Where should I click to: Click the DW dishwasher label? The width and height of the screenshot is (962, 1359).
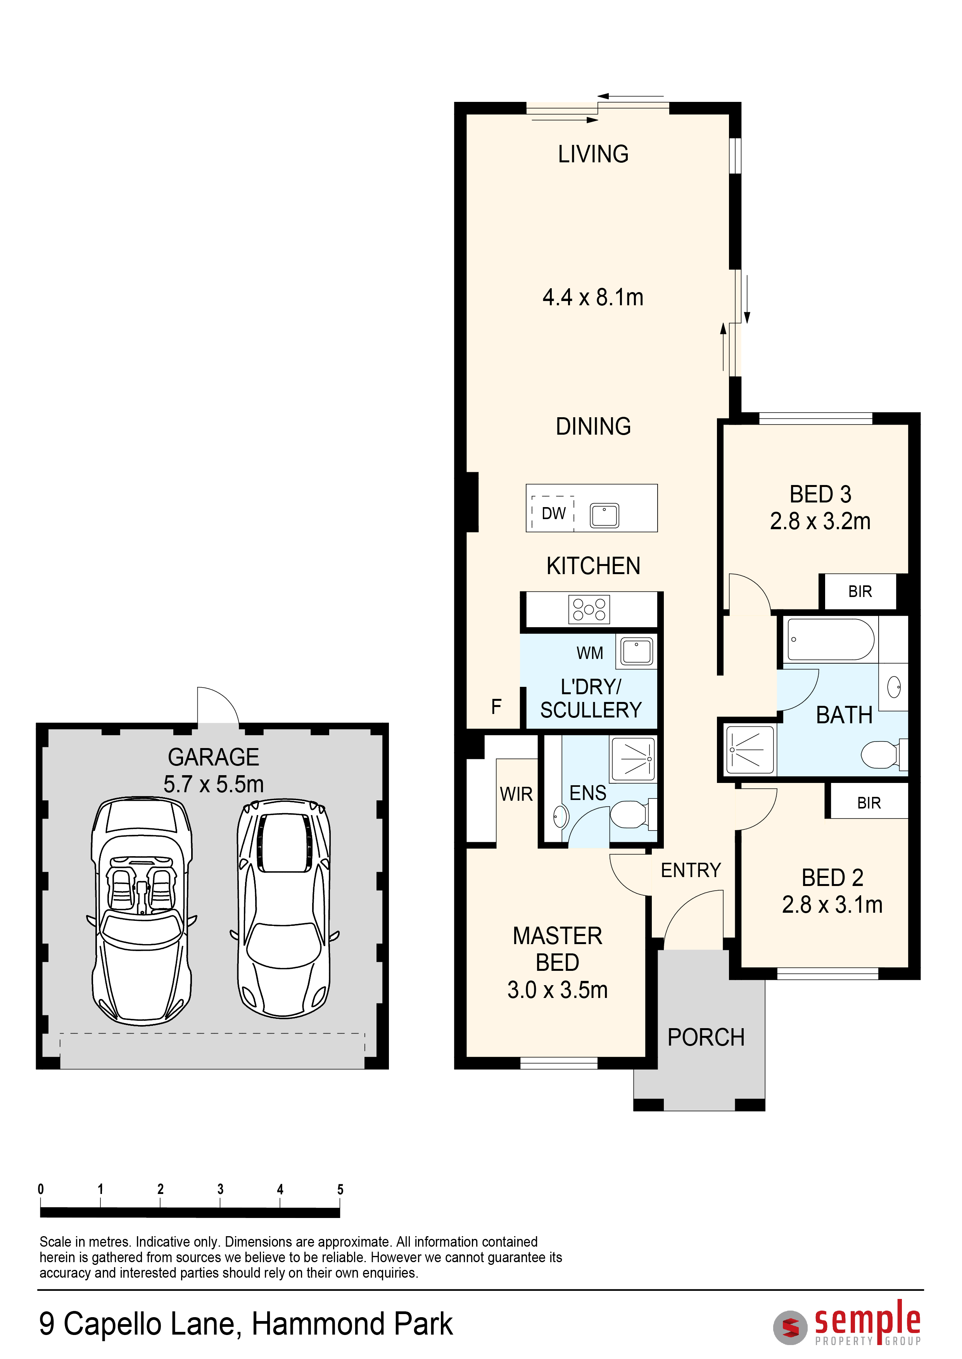[x=553, y=513]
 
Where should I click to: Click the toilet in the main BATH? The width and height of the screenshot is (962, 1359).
[x=884, y=755]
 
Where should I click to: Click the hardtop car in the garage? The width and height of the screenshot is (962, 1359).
[x=284, y=908]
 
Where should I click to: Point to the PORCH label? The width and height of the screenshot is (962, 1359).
[x=706, y=1037]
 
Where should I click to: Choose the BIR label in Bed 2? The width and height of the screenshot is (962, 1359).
[x=869, y=803]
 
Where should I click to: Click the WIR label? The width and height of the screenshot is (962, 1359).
[x=516, y=794]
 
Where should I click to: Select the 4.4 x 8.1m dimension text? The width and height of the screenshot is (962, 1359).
[x=593, y=297]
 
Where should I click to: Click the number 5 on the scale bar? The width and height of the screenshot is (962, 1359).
[x=340, y=1189]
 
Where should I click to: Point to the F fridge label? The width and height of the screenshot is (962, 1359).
[x=496, y=706]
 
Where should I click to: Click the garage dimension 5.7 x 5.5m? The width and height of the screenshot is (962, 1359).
[x=213, y=784]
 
